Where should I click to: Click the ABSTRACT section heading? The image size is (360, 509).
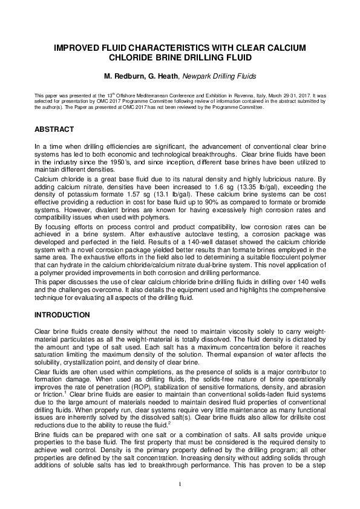(x=54, y=129)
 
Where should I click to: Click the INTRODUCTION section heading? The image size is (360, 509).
(x=62, y=315)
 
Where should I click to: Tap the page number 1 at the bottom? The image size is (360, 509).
(x=180, y=484)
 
